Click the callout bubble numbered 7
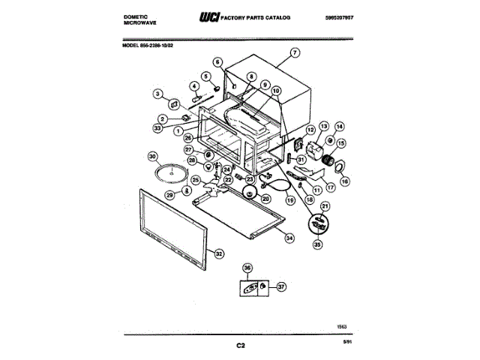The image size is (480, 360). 295,52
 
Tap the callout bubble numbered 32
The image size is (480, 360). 219,253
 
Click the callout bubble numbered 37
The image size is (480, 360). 282,286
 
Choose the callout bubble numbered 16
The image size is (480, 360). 344,180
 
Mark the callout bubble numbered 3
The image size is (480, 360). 157,94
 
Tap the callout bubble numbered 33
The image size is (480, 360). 158,128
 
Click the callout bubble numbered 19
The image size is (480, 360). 289,201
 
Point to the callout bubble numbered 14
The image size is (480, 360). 339,127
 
